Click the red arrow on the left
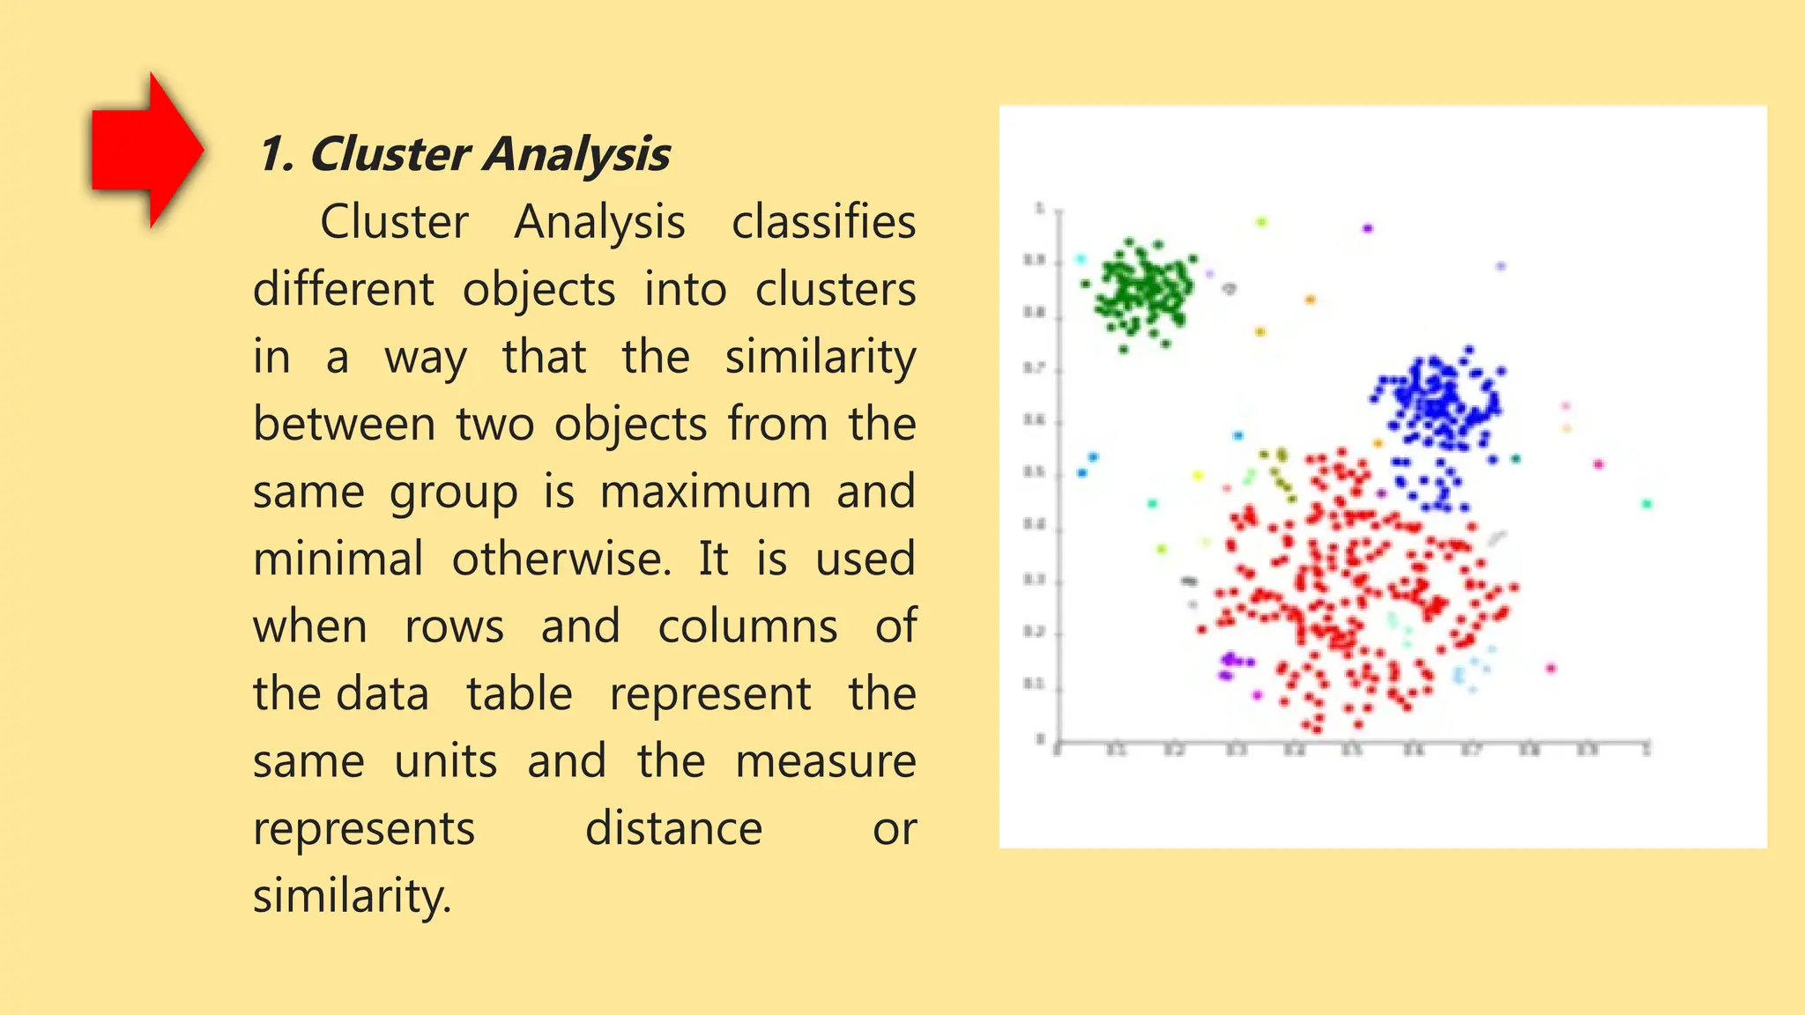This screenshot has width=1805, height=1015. click(146, 150)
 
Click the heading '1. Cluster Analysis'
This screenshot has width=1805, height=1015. click(464, 154)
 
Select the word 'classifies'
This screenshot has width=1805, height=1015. click(823, 221)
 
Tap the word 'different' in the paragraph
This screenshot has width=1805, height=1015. click(344, 289)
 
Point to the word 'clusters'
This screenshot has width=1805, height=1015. click(835, 289)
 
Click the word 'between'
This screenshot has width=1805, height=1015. click(344, 424)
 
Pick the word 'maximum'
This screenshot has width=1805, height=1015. click(705, 492)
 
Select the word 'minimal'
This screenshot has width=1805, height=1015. click(338, 559)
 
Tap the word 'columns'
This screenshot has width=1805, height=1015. click(747, 626)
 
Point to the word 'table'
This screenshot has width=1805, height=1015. click(519, 693)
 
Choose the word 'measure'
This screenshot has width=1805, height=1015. click(825, 761)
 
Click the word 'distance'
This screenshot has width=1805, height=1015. click(673, 829)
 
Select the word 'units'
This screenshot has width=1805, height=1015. click(445, 761)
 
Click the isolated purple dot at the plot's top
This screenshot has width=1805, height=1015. click(1368, 228)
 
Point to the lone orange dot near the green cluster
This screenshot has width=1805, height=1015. click(1310, 300)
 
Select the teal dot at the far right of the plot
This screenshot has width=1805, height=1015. click(1646, 504)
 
